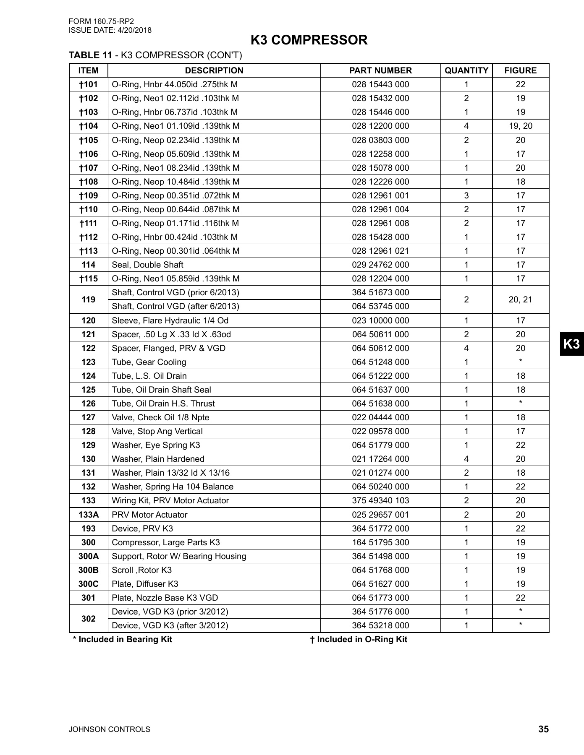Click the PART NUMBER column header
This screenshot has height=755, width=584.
pyautogui.click(x=380, y=70)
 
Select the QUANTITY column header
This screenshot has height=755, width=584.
pyautogui.click(x=466, y=70)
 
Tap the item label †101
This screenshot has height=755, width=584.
pyautogui.click(x=89, y=84)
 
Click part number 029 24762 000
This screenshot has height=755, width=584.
pyautogui.click(x=380, y=265)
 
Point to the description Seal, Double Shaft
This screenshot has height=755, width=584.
pyautogui.click(x=147, y=265)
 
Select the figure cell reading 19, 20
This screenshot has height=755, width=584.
pyautogui.click(x=521, y=126)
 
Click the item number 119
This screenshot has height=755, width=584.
pyautogui.click(x=89, y=299)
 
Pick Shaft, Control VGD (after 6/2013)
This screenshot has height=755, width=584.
pyautogui.click(x=175, y=306)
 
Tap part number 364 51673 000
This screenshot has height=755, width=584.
pyautogui.click(x=380, y=292)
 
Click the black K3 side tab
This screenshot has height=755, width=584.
pyautogui.click(x=571, y=344)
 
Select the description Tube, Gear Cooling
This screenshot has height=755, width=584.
pyautogui.click(x=149, y=362)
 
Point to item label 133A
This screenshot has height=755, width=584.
pyautogui.click(x=89, y=515)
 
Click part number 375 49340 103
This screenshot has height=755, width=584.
pyautogui.click(x=380, y=500)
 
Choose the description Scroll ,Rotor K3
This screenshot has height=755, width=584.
pyautogui.click(x=142, y=570)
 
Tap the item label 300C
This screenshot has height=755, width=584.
pyautogui.click(x=89, y=584)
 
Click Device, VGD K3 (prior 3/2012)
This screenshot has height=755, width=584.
pyautogui.click(x=170, y=612)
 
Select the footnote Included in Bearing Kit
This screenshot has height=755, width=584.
pyautogui.click(x=123, y=639)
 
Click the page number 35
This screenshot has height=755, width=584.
pyautogui.click(x=543, y=729)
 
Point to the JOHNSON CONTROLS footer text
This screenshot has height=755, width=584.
pyautogui.click(x=110, y=729)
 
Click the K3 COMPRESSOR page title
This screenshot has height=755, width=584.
pyautogui.click(x=309, y=40)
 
